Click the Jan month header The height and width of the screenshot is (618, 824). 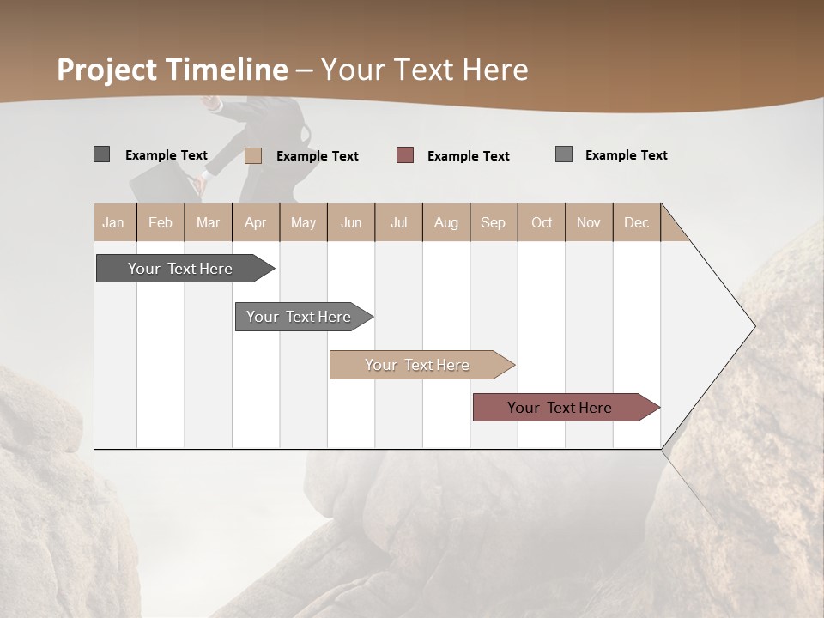114,222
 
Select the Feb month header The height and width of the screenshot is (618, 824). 161,222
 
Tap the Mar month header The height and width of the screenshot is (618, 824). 208,222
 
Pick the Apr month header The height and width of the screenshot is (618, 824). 256,222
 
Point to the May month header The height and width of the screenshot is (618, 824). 303,222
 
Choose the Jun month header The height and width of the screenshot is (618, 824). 351,222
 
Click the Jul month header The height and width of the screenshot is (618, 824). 398,222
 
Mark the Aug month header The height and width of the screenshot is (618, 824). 446,222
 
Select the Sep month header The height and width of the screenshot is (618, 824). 494,222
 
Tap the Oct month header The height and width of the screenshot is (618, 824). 542,222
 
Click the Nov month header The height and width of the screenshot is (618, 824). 589,222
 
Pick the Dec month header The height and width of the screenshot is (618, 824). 637,222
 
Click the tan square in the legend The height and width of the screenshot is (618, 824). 253,155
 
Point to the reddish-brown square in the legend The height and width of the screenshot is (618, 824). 405,154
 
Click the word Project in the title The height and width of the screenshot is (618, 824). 108,70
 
